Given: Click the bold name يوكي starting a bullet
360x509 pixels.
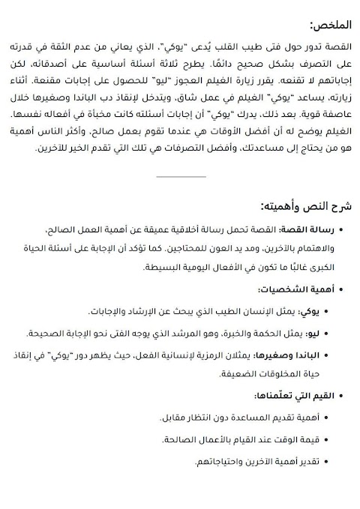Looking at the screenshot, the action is coord(309,311).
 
